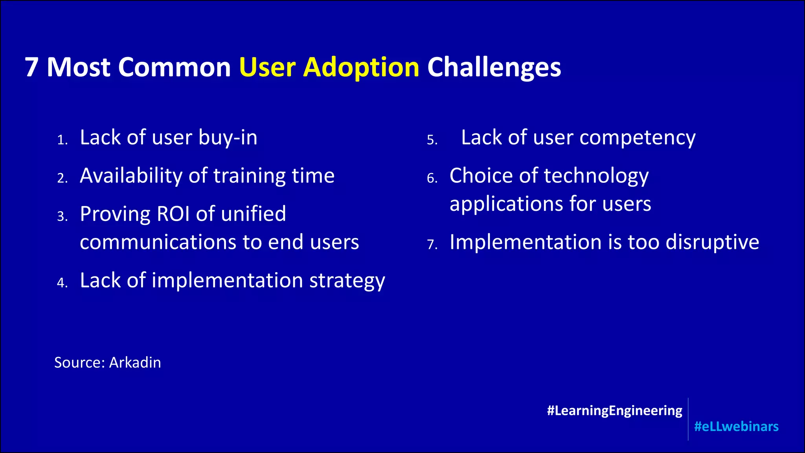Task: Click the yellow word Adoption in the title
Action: coord(361,68)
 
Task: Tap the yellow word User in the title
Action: coord(267,68)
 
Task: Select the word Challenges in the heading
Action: coord(494,68)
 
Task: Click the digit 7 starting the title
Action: coord(31,68)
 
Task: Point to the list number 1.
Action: coord(62,140)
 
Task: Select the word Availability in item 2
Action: coord(131,176)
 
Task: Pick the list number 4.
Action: coord(62,283)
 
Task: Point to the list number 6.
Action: coord(432,178)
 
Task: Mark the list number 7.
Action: coord(432,245)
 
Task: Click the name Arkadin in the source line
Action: coord(135,363)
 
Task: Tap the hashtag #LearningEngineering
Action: coord(614,411)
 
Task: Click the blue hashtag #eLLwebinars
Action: coord(736,427)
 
